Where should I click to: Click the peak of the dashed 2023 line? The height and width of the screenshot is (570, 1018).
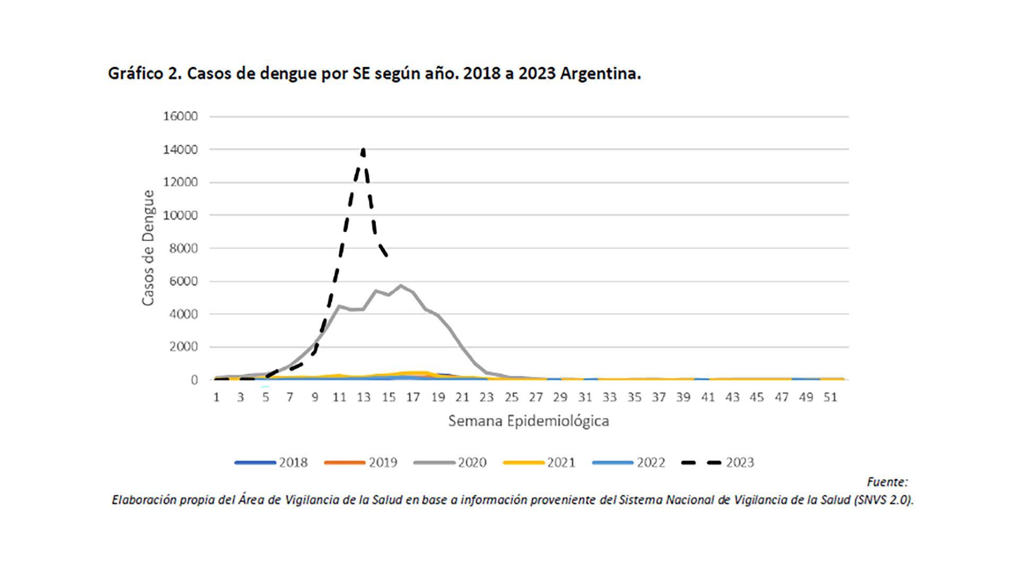click(363, 151)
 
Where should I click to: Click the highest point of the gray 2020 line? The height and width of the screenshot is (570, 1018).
click(400, 286)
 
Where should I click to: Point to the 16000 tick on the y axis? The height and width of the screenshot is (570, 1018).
click(180, 116)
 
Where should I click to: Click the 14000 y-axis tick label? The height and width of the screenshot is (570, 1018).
click(180, 150)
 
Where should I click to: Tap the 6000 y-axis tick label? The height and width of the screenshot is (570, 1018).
click(183, 281)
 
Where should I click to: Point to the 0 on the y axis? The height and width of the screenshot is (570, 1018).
click(194, 380)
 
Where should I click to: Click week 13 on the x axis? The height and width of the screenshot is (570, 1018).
click(363, 397)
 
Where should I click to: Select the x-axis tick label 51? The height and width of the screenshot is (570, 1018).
click(830, 397)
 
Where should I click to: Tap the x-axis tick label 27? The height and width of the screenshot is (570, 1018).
click(536, 397)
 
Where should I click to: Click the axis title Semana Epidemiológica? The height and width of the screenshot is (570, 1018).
click(529, 421)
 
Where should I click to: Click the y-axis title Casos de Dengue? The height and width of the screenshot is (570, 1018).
click(148, 248)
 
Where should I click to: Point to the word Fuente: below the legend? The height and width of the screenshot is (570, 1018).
click(887, 482)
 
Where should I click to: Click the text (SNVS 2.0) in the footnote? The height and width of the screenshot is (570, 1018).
click(883, 500)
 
